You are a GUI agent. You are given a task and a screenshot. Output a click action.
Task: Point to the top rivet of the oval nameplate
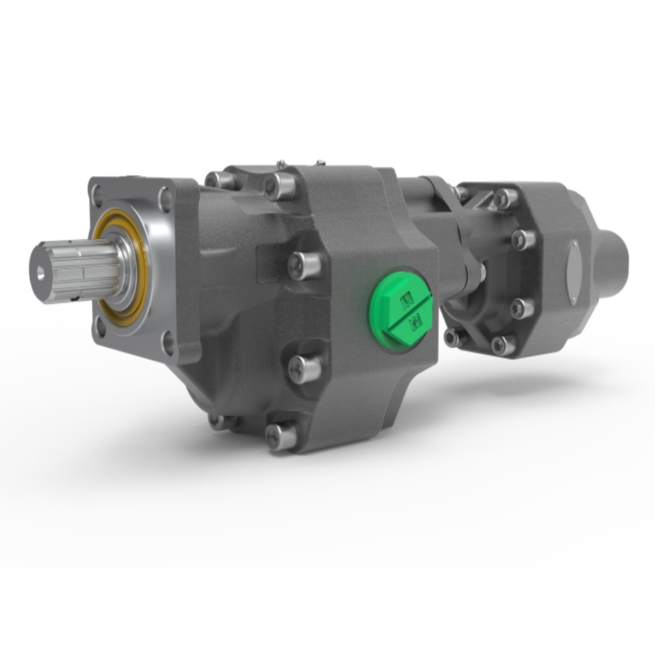pos(574,242)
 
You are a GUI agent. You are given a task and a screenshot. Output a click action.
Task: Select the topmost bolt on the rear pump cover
pos(504,198)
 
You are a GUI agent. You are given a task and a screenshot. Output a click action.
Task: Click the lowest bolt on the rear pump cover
pos(502,344)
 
